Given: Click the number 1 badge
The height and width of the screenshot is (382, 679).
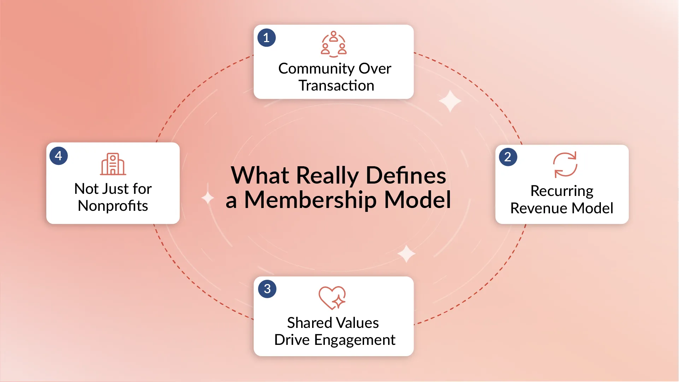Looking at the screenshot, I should click(267, 37).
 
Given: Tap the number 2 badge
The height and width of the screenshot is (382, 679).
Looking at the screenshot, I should click(508, 157).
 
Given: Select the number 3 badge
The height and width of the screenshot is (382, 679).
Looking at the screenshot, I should click(267, 289).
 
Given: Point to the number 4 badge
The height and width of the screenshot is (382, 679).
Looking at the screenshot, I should click(59, 156).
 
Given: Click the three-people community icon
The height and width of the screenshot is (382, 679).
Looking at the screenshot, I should click(334, 44).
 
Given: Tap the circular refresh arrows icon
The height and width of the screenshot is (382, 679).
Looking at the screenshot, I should click(565, 164).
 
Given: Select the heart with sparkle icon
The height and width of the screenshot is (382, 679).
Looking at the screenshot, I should click(332, 297).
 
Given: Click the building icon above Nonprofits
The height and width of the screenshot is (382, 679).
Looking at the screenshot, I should click(113, 164).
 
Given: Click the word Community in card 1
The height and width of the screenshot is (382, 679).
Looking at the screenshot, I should click(316, 69).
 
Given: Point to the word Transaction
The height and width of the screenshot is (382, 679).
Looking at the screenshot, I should click(336, 86).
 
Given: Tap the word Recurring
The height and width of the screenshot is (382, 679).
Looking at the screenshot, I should click(562, 191).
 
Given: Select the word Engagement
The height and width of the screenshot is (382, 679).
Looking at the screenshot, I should click(355, 340).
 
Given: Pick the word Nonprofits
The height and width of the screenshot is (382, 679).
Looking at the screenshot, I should click(113, 206).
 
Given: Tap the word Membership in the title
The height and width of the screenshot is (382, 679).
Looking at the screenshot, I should click(311, 200).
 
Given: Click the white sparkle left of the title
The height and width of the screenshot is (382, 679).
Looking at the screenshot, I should click(208, 198).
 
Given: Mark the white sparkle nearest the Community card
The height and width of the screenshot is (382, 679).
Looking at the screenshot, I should click(450, 101).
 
